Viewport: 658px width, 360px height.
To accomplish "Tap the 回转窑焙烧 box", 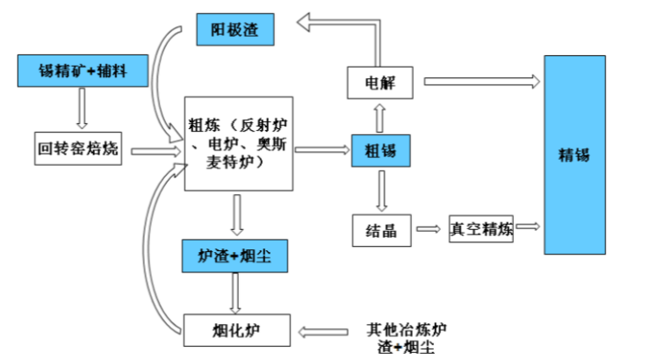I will (x=78, y=149).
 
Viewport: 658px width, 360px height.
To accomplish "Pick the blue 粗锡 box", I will (x=380, y=151).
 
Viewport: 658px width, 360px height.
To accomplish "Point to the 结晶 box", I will (x=381, y=230).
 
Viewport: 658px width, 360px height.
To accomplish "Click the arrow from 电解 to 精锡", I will (x=481, y=82).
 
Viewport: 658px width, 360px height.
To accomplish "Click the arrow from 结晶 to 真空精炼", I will (x=428, y=229).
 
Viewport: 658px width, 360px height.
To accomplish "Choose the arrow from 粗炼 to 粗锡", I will (x=322, y=150).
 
